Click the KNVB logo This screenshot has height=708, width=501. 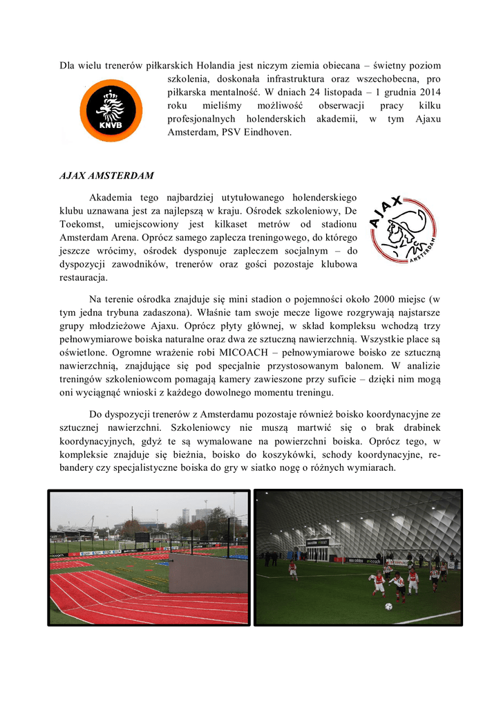click(111, 111)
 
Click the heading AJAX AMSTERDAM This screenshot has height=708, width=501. click(106, 175)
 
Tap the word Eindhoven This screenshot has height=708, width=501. click(266, 131)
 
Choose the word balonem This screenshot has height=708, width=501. click(359, 365)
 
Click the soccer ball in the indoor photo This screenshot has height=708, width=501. click(388, 606)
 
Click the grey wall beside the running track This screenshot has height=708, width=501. click(207, 572)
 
